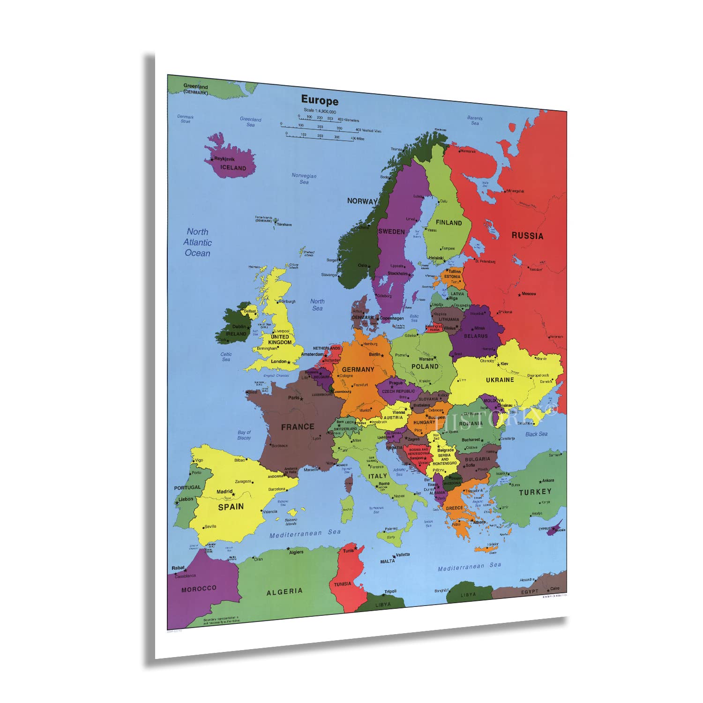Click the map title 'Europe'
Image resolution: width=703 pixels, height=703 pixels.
point(319,100)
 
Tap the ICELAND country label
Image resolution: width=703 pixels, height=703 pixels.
point(233,167)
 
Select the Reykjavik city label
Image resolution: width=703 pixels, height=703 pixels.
point(224,159)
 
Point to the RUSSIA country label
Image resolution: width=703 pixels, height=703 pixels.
point(527,236)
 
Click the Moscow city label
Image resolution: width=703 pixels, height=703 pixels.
point(529,294)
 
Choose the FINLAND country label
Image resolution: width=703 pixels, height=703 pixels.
point(449,223)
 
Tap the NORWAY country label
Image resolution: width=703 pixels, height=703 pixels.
point(362,201)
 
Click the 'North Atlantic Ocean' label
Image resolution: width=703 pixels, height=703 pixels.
point(197,242)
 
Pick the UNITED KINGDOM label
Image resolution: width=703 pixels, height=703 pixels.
point(280,339)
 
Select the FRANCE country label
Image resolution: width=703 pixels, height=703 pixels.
point(298,426)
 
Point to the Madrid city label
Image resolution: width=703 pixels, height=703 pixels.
point(224,492)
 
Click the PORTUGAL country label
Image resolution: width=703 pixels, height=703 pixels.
point(187,487)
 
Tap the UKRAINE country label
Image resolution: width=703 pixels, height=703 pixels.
point(500,380)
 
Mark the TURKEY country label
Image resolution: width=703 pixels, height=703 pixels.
point(535,492)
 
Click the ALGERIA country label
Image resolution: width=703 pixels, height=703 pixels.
point(284,591)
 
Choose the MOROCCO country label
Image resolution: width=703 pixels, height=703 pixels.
point(199,589)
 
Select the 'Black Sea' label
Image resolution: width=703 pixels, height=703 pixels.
point(536,434)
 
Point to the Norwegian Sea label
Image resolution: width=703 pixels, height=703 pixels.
point(304,179)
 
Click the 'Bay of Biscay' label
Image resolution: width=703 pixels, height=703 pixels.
point(244,435)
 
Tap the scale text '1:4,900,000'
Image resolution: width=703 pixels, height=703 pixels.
point(320,112)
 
